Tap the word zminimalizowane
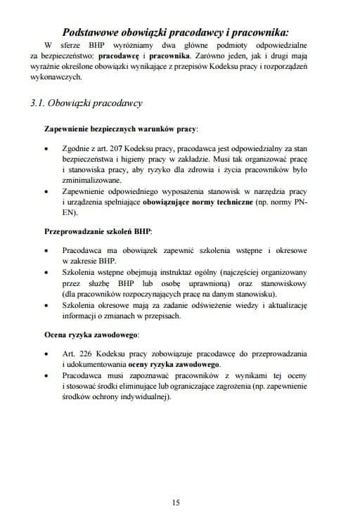coord(93,180)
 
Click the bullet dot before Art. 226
coord(46,350)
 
